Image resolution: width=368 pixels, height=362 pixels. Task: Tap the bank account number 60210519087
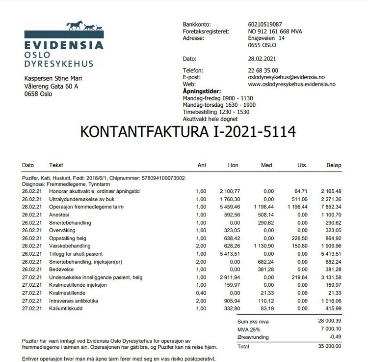point(265,24)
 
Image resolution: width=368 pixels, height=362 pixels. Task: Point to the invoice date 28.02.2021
point(263,59)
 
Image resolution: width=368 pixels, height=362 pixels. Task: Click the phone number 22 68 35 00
point(263,70)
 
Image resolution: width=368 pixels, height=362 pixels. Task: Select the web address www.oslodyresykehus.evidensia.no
point(292,84)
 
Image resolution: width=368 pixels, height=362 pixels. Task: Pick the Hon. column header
point(234,165)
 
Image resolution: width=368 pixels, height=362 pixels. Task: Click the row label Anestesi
point(59,214)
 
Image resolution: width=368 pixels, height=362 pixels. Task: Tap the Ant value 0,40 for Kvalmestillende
point(201,293)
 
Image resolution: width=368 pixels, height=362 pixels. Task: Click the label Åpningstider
point(202,91)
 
